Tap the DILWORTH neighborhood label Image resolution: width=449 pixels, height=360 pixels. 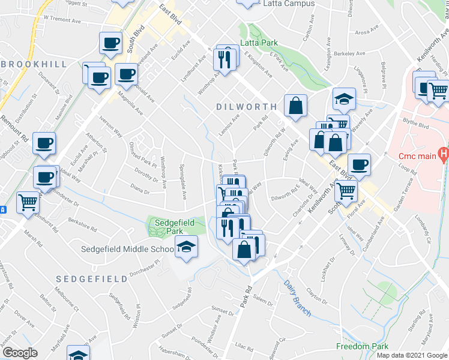tap(246, 106)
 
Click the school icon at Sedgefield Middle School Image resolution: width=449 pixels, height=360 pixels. tap(186, 247)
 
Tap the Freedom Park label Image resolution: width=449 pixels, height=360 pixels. tap(362, 346)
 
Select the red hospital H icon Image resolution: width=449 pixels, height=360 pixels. tap(444, 154)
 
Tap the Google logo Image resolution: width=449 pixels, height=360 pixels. tap(20, 353)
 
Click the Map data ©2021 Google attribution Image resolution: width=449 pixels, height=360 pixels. tap(412, 355)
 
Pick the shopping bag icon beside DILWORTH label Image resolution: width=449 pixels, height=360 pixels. tap(295, 106)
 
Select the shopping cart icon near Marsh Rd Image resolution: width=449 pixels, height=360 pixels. tap(27, 203)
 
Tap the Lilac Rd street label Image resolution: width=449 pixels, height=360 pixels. tap(244, 346)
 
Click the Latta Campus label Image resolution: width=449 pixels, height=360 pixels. tap(289, 4)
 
